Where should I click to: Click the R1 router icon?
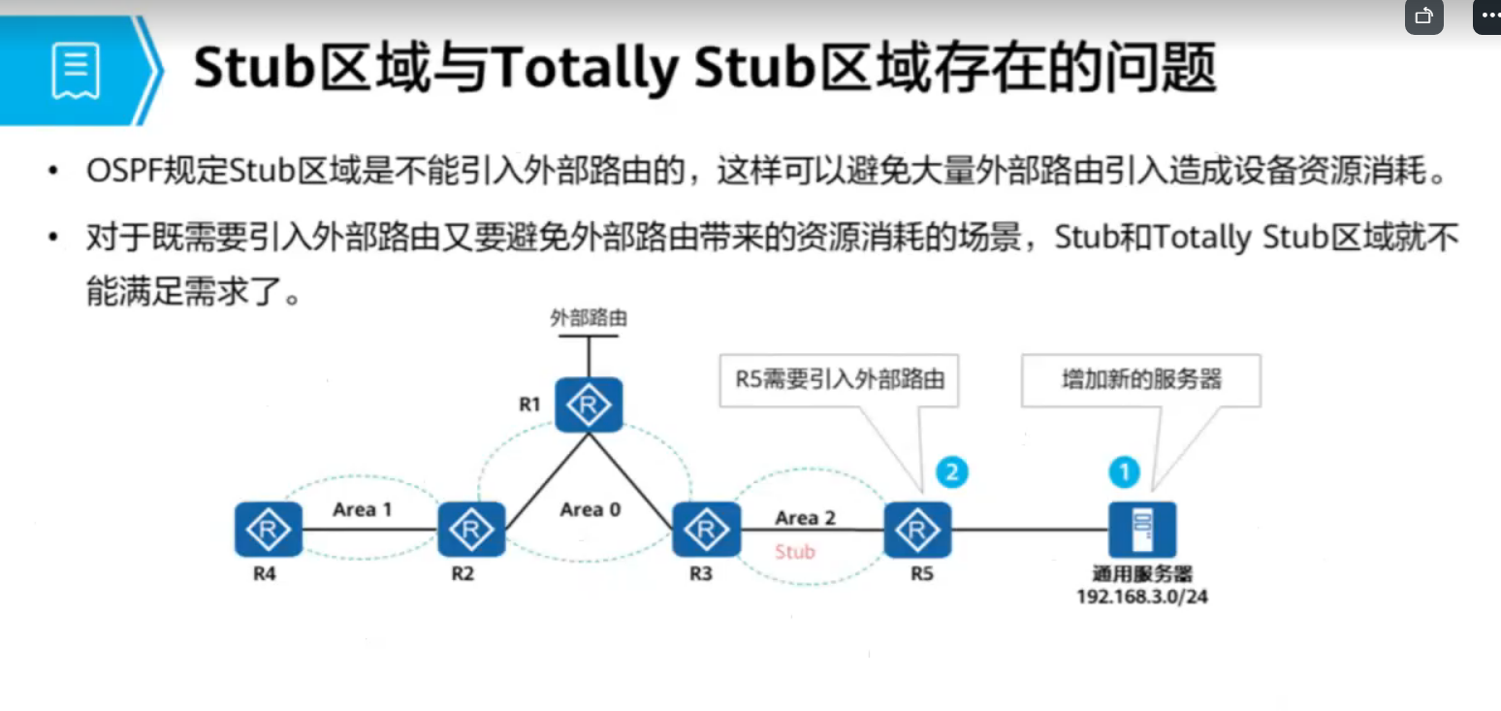588,404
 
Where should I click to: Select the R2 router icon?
471,530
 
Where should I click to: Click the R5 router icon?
917,530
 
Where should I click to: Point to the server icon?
1143,530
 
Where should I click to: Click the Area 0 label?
590,509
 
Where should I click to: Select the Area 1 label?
362,509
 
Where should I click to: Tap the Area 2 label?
805,518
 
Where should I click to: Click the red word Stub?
795,552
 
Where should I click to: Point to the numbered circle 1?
1124,472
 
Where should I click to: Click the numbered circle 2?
951,472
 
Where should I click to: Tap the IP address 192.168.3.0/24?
1142,597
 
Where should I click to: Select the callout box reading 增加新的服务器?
1140,379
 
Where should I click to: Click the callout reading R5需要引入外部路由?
839,379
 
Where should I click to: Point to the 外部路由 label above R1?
588,318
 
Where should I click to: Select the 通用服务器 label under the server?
1142,574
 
